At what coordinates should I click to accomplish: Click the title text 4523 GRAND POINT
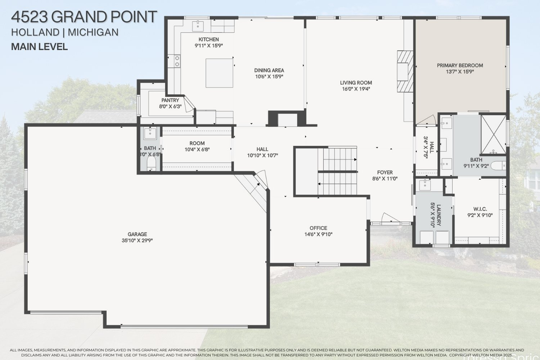coord(84,17)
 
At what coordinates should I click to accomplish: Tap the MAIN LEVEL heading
coord(39,47)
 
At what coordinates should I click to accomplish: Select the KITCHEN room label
coord(208,39)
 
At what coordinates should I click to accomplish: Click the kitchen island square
coord(219,73)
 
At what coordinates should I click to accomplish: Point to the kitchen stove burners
coord(177,61)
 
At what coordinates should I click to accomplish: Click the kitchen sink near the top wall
coord(198,26)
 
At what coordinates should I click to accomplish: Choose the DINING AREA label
coord(269,70)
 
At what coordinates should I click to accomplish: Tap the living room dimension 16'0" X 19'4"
coord(356,89)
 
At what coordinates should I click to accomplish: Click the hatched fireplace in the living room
coord(405,71)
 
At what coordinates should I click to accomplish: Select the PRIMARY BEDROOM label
coord(460,65)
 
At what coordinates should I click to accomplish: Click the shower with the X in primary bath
coord(494,134)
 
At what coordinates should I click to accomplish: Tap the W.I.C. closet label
coord(480,209)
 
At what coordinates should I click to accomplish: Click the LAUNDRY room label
coord(439,215)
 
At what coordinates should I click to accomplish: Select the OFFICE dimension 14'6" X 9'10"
coord(318,234)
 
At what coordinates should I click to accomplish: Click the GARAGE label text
coord(137,234)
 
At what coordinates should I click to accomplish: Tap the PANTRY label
coord(170,100)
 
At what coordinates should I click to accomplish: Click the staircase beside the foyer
coord(338,171)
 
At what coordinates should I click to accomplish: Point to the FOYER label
coord(385,172)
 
